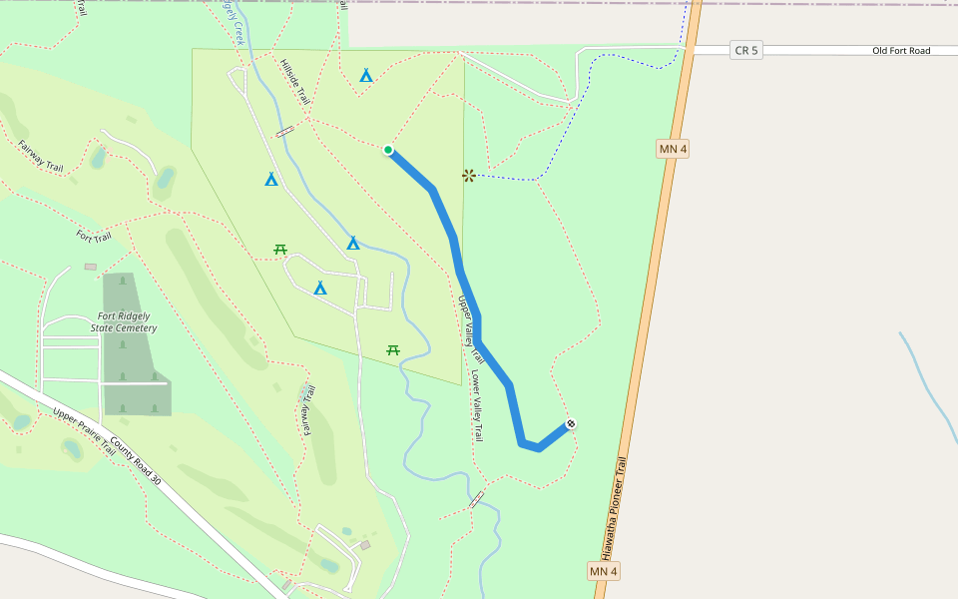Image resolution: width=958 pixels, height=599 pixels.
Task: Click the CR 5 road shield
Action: pos(745,50)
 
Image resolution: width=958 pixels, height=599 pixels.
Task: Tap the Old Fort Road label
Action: pos(900,50)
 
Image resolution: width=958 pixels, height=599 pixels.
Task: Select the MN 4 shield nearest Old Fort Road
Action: pos(673,149)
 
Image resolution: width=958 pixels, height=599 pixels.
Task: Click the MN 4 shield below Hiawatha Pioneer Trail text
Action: pos(604,571)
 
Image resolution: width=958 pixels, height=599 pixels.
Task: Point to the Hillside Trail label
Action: pos(295,82)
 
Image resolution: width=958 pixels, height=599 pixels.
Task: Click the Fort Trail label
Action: pos(94,237)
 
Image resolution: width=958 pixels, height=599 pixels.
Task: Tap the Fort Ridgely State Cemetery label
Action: pos(124,321)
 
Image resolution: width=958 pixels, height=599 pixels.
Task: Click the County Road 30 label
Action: pos(136,461)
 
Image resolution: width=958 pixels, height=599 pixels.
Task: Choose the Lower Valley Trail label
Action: pos(477,406)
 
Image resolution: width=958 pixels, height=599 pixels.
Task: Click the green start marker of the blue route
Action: pos(388,150)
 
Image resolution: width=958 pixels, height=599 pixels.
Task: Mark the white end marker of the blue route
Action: pos(570,423)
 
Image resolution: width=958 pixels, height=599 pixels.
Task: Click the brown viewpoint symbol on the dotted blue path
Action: pos(468,176)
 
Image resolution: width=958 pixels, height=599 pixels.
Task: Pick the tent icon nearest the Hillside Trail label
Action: pos(366,75)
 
